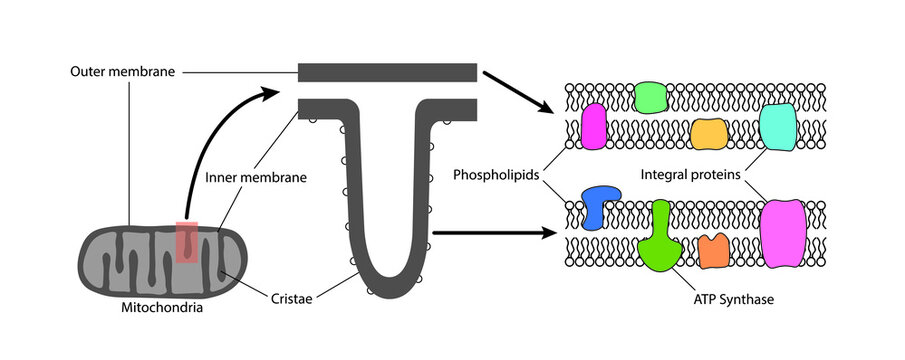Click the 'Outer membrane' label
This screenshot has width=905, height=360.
pyautogui.click(x=115, y=72)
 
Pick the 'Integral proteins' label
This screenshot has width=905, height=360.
pyautogui.click(x=690, y=174)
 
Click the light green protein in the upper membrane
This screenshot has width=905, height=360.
pyautogui.click(x=651, y=97)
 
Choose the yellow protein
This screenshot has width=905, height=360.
pyautogui.click(x=708, y=133)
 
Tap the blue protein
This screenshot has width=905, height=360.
pyautogui.click(x=601, y=205)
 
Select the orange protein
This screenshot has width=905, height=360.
pyautogui.click(x=714, y=251)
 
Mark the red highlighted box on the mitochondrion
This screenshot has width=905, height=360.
pyautogui.click(x=187, y=242)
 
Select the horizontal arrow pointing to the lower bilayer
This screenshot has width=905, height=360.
pyautogui.click(x=496, y=234)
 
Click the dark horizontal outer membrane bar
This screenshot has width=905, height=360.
pyautogui.click(x=387, y=72)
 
